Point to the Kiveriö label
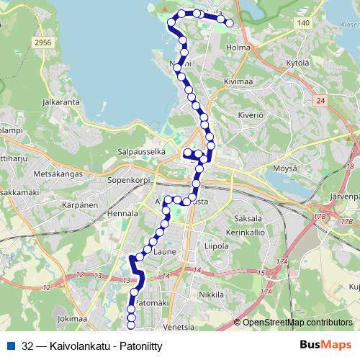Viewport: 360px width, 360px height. tap(249, 114)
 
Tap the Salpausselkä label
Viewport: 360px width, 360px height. tap(142, 152)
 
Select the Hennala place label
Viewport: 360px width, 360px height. tap(122, 214)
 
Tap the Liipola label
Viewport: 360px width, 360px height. tap(216, 246)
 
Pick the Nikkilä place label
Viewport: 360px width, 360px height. tap(212, 294)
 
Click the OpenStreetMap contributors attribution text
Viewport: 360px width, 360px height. tap(297, 323)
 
